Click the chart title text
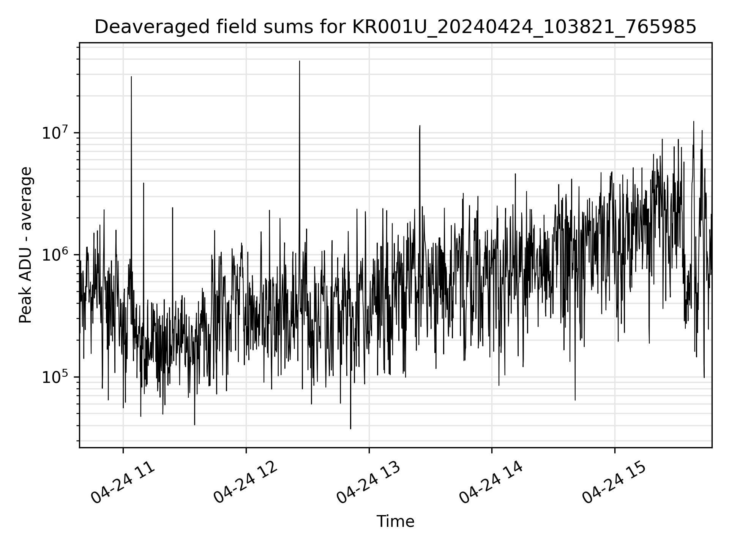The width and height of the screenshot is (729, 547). click(x=395, y=27)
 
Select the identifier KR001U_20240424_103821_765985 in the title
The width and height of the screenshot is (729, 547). click(x=524, y=27)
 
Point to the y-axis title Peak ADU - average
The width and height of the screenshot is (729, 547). click(x=26, y=245)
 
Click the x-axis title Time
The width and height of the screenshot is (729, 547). click(x=395, y=522)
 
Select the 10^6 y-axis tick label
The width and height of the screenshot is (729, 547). click(x=57, y=255)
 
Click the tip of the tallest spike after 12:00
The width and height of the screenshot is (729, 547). click(x=300, y=61)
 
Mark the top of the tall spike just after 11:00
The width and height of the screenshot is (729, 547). click(x=131, y=77)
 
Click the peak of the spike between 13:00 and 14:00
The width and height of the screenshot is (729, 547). click(x=420, y=126)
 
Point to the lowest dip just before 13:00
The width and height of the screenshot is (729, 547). click(x=350, y=428)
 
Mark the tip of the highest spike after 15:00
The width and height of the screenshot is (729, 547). click(x=694, y=122)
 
